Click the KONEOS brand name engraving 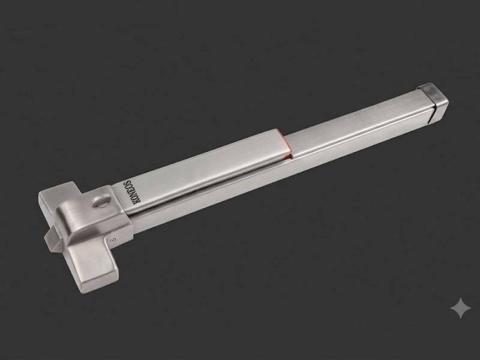point(131,191)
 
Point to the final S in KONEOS point(128,182)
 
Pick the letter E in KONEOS point(130,189)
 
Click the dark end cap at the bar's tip point(433,102)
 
